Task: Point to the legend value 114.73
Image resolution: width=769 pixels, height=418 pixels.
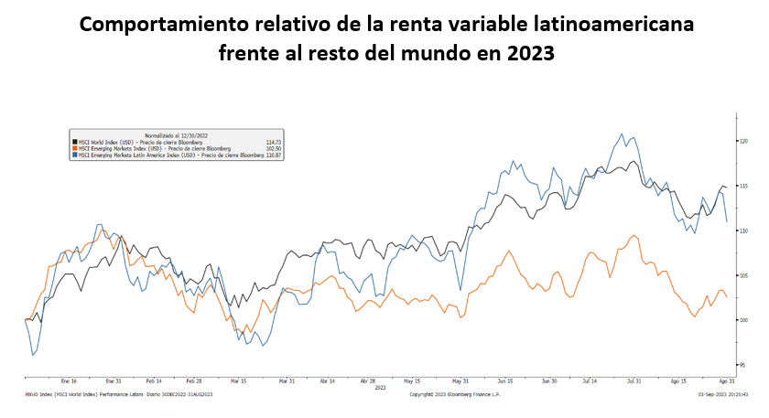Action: [x=273, y=143]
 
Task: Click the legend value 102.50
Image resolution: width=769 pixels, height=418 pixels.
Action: [x=273, y=148]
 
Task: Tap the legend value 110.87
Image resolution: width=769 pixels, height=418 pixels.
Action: [x=273, y=154]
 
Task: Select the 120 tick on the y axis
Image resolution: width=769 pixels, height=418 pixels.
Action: [x=744, y=141]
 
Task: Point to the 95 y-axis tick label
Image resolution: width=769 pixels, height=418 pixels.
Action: [x=743, y=365]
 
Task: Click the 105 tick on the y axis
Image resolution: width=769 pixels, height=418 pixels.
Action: [x=744, y=275]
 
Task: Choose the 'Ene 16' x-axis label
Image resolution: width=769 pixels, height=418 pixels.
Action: [x=68, y=380]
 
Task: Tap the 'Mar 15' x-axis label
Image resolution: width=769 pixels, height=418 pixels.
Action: [x=239, y=380]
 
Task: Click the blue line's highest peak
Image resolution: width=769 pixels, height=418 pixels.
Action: [x=623, y=134]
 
